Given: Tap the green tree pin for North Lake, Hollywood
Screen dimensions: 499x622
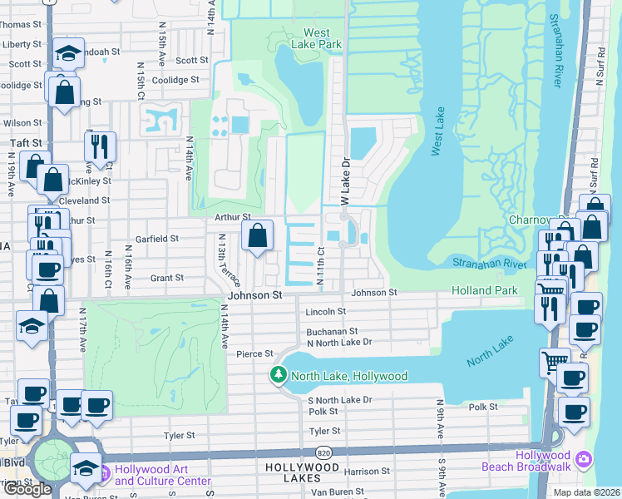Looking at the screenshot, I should pos(279,376).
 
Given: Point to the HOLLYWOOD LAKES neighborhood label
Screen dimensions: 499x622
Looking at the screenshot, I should pos(304,468).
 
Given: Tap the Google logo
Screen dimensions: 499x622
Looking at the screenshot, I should pos(27,489).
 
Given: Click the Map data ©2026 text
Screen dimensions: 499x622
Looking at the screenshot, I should pos(586,492).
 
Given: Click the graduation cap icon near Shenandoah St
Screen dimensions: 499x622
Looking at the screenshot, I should pos(67,55).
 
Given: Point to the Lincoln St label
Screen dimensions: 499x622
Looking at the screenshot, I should pos(326,312).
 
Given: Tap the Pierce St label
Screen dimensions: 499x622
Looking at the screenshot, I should pos(254,353).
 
